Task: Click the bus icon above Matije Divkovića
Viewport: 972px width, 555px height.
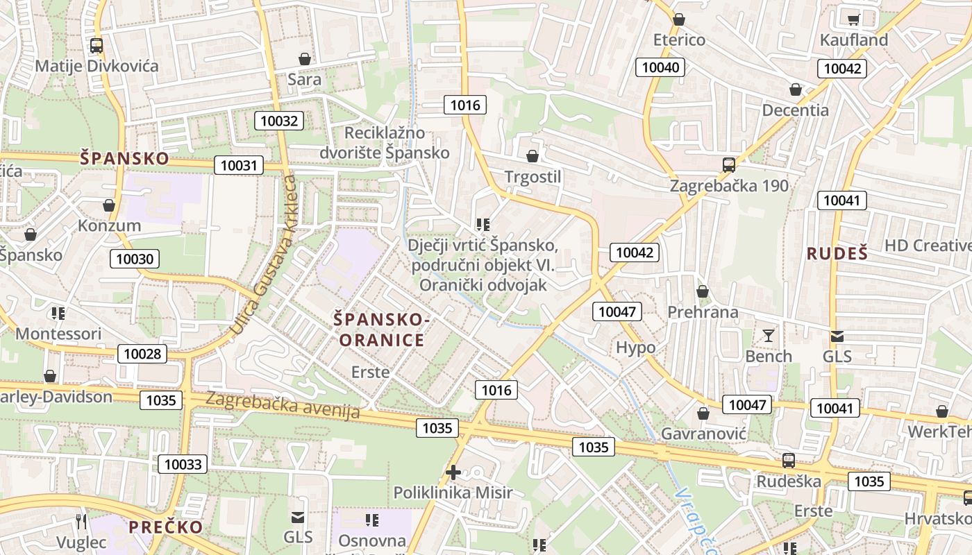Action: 97,46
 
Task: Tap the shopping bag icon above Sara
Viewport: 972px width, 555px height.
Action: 304,59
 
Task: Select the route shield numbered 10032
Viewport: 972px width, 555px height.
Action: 279,121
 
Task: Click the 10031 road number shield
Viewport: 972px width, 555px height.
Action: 239,165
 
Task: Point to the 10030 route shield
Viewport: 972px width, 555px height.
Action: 135,259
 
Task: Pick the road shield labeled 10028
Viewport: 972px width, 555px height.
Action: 142,354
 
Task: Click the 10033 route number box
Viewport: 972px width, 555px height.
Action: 183,464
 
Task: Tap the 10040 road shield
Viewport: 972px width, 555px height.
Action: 661,67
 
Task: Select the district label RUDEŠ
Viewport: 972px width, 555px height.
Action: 837,254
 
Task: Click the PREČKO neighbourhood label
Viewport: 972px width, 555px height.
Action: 166,527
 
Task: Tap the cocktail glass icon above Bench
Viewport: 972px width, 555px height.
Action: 768,336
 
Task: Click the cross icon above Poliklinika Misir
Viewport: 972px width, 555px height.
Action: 453,473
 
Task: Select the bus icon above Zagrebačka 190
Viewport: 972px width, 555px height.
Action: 728,165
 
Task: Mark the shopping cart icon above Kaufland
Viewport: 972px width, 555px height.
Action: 853,19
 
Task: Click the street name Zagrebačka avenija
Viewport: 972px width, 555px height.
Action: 283,406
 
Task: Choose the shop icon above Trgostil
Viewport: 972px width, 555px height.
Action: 533,156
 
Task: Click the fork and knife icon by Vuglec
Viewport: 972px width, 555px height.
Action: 82,521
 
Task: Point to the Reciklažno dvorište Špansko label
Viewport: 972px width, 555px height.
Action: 385,143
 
